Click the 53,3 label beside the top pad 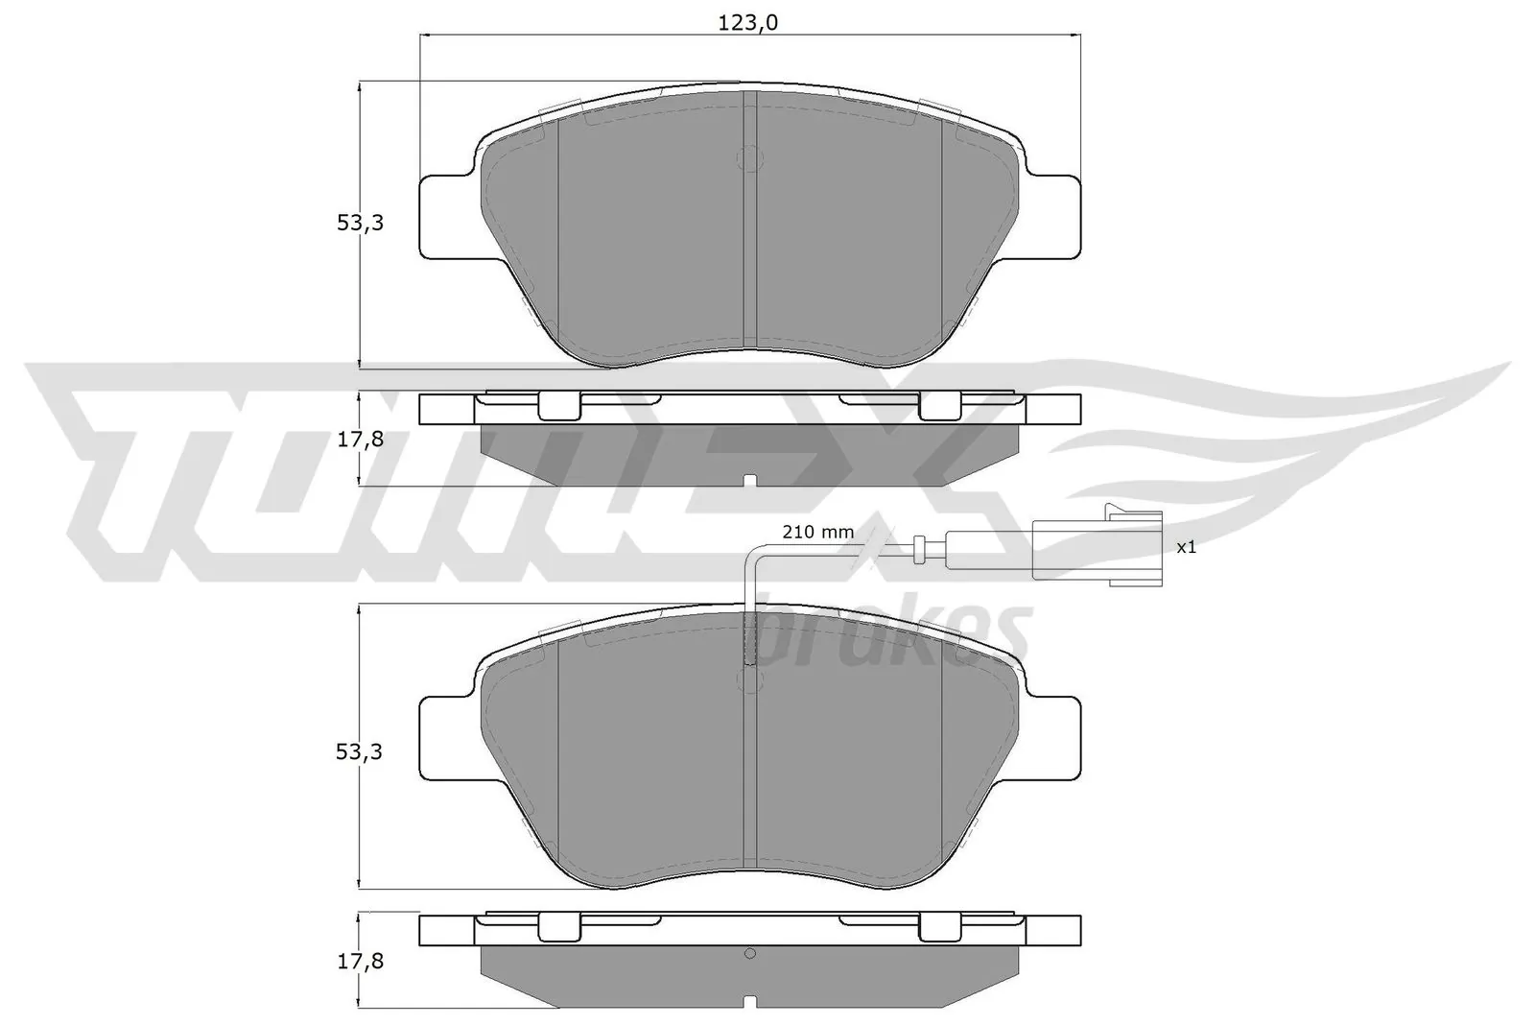tap(360, 223)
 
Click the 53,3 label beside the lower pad tap(360, 751)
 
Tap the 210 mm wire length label tap(817, 532)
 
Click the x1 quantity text tap(1186, 547)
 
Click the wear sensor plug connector tap(1097, 547)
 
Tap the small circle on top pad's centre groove tap(750, 158)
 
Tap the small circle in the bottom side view tap(750, 953)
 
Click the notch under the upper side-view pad tap(750, 480)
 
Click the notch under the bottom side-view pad tap(750, 1002)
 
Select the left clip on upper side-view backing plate tap(559, 406)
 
